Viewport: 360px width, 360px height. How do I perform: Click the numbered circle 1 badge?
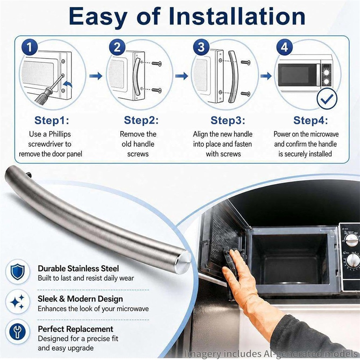click(30, 47)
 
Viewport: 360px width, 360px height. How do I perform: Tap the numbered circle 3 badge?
click(201, 47)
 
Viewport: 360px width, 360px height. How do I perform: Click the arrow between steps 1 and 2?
click(96, 76)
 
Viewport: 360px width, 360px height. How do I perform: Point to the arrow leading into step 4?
click(266, 76)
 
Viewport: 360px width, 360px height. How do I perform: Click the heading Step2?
click(141, 120)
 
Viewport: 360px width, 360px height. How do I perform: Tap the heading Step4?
click(311, 120)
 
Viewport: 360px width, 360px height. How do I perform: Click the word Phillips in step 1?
click(60, 134)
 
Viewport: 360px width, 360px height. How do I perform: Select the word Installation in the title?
click(237, 17)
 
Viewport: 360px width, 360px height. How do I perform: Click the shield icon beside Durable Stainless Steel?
click(18, 271)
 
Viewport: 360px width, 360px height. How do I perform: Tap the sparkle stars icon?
click(18, 302)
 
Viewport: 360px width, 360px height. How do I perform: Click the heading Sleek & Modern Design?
click(80, 299)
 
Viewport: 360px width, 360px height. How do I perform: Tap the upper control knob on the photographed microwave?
click(351, 240)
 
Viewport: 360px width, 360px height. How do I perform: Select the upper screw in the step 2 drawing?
click(157, 63)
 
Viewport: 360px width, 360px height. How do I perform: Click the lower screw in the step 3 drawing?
click(246, 94)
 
